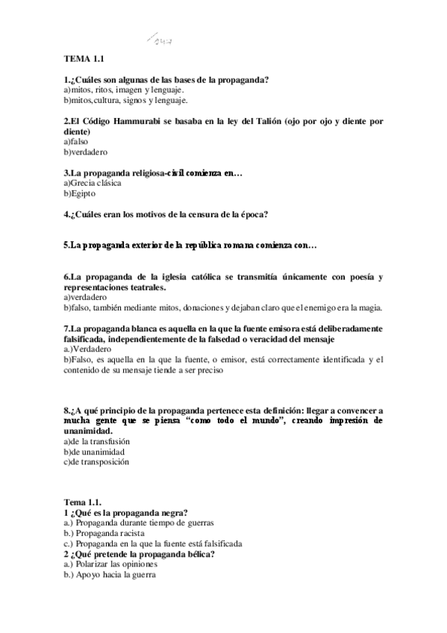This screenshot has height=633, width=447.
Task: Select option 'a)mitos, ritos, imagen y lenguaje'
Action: [x=123, y=90]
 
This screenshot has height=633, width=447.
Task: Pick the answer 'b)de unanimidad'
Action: [x=94, y=452]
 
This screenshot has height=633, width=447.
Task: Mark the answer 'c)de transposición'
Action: [x=97, y=462]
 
